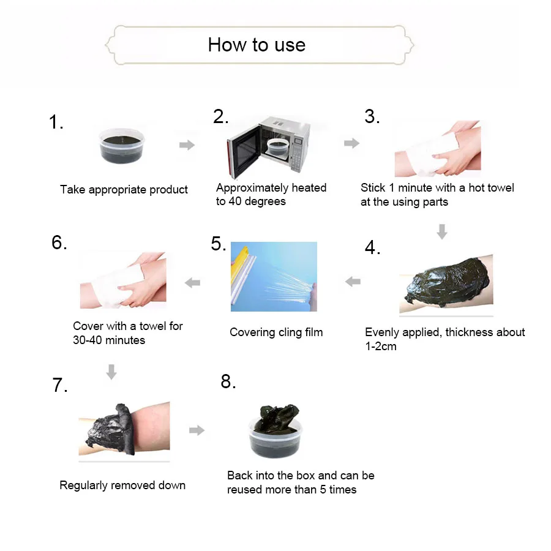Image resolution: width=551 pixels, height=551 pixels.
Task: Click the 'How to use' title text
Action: (x=257, y=45)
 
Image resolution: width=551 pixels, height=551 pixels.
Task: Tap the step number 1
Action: (x=56, y=122)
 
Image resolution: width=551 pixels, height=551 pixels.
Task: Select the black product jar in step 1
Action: (x=122, y=146)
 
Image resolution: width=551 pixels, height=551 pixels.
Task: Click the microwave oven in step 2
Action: (x=269, y=147)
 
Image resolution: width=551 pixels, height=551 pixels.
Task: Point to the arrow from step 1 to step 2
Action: (x=187, y=144)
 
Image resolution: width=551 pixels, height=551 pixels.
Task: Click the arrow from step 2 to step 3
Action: (x=351, y=143)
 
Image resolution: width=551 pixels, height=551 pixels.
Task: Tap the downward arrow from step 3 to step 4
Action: (x=442, y=231)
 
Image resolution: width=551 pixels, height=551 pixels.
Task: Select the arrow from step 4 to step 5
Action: (x=353, y=282)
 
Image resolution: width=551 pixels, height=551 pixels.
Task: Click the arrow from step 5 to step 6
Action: (x=192, y=282)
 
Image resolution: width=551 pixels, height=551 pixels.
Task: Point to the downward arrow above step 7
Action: (x=111, y=372)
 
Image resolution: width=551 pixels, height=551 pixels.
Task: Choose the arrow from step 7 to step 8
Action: (x=197, y=430)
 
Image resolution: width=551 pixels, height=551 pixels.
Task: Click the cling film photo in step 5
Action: (x=274, y=277)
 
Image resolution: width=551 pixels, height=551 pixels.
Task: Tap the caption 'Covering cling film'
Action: (x=276, y=332)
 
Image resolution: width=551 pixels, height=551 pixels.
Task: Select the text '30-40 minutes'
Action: (x=109, y=340)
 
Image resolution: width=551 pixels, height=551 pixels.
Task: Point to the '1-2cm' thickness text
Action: (x=381, y=347)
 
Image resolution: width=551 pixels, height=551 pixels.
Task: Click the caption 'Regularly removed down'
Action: (x=122, y=485)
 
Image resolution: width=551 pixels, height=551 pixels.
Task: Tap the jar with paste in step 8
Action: (x=276, y=431)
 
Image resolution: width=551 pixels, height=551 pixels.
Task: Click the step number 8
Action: (x=228, y=381)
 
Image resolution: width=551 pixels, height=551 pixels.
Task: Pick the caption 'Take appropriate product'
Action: (x=124, y=190)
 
